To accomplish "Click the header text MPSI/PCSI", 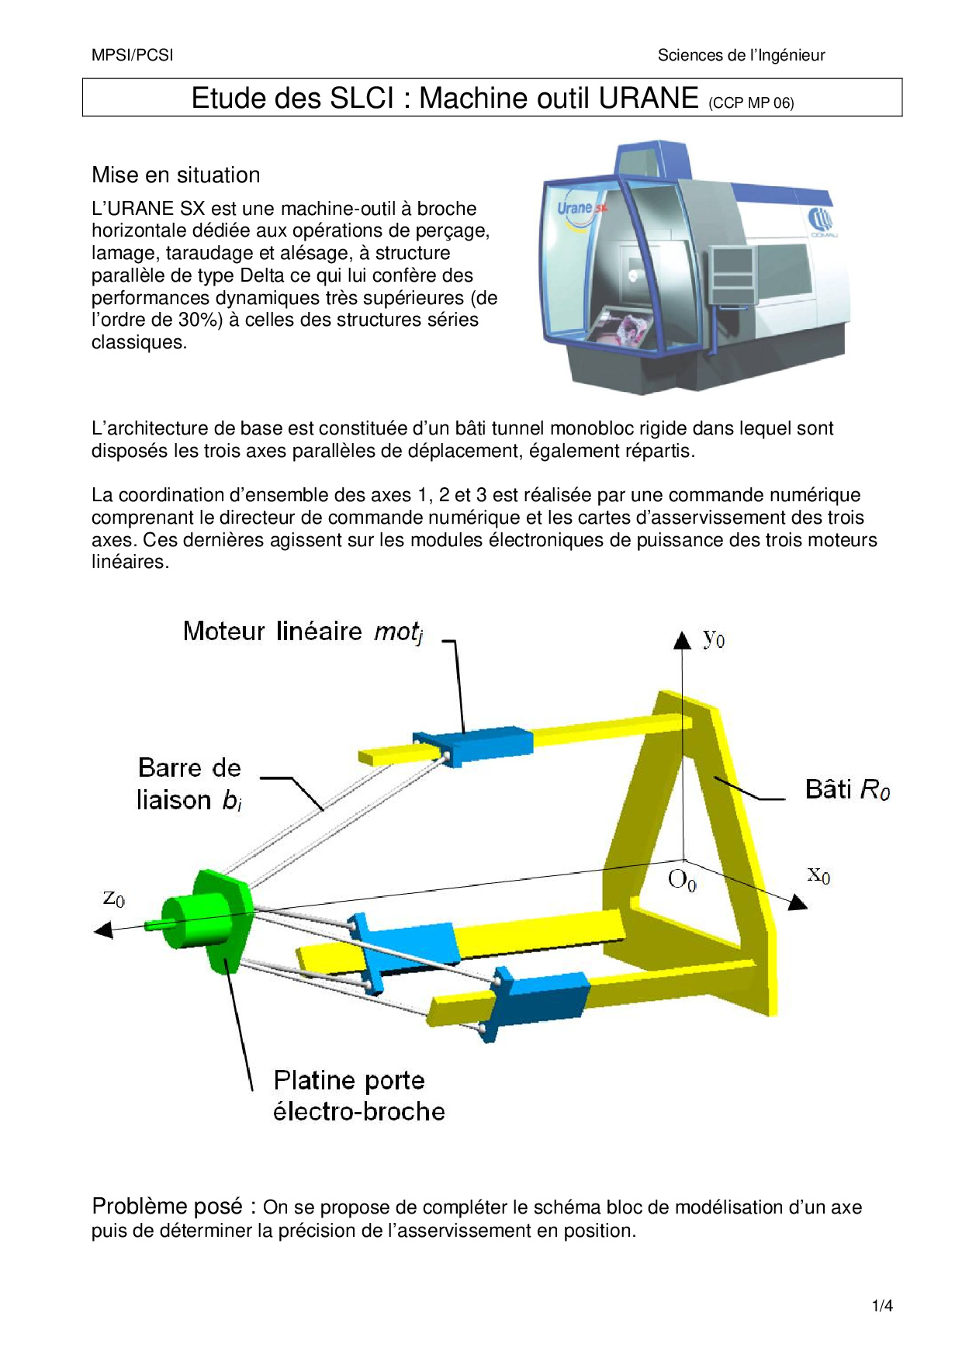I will click(132, 55).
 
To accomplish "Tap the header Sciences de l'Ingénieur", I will click(741, 55).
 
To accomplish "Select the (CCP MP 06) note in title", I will click(751, 102).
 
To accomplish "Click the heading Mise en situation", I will click(176, 175).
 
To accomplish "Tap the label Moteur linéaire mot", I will click(303, 632).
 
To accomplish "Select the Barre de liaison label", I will click(189, 784).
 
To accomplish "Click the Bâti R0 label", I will click(847, 790).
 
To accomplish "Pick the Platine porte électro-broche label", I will click(358, 1096).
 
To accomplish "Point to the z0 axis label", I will click(113, 898).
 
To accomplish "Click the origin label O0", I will click(682, 880).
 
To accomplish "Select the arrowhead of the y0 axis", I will click(682, 640).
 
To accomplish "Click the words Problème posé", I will click(167, 1206).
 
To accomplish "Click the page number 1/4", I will click(882, 1306).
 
